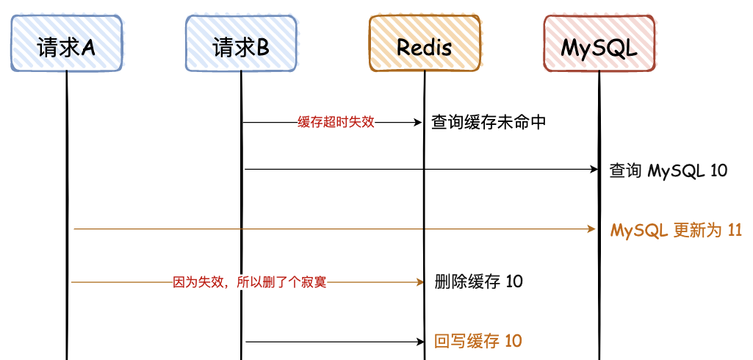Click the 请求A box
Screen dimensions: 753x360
66,43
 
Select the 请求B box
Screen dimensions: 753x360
241,43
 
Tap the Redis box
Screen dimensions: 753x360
425,43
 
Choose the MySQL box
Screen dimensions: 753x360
599,43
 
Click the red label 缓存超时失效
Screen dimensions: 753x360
336,123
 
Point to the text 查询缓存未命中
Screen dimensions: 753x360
489,123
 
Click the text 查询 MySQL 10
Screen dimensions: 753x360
669,170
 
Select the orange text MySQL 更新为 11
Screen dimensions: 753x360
676,231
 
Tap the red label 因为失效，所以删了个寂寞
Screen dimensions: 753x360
250,282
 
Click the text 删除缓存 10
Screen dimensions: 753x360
478,281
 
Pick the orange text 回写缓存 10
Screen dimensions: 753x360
478,341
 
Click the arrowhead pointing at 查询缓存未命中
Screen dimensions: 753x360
418,123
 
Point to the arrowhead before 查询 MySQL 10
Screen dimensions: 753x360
593,170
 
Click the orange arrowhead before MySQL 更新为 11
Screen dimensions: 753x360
592,229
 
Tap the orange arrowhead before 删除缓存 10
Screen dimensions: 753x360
420,282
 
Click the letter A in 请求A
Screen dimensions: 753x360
88,48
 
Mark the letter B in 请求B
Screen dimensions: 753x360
263,48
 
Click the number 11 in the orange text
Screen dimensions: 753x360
735,231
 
